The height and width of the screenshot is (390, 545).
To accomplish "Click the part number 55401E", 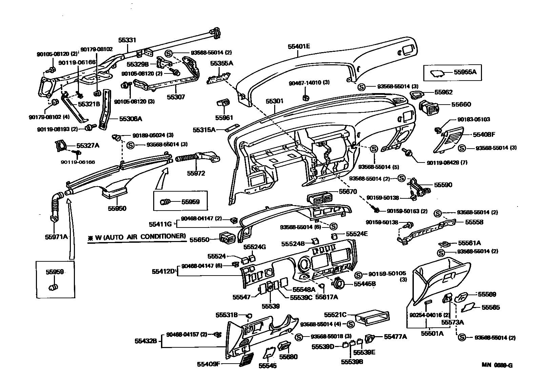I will [299, 46].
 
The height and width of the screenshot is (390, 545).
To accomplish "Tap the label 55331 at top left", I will [127, 40].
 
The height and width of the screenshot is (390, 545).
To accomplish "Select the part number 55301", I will [274, 101].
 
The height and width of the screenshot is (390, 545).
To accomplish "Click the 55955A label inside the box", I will [465, 72].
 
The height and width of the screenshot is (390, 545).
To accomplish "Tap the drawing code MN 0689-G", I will [498, 365].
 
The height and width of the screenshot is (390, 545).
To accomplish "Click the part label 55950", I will [117, 208].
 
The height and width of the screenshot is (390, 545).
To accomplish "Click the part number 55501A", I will [432, 333].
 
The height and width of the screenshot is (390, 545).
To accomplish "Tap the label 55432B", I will [145, 341].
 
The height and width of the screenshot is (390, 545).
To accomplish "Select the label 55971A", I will [56, 237].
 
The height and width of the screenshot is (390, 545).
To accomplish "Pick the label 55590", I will [443, 185].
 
